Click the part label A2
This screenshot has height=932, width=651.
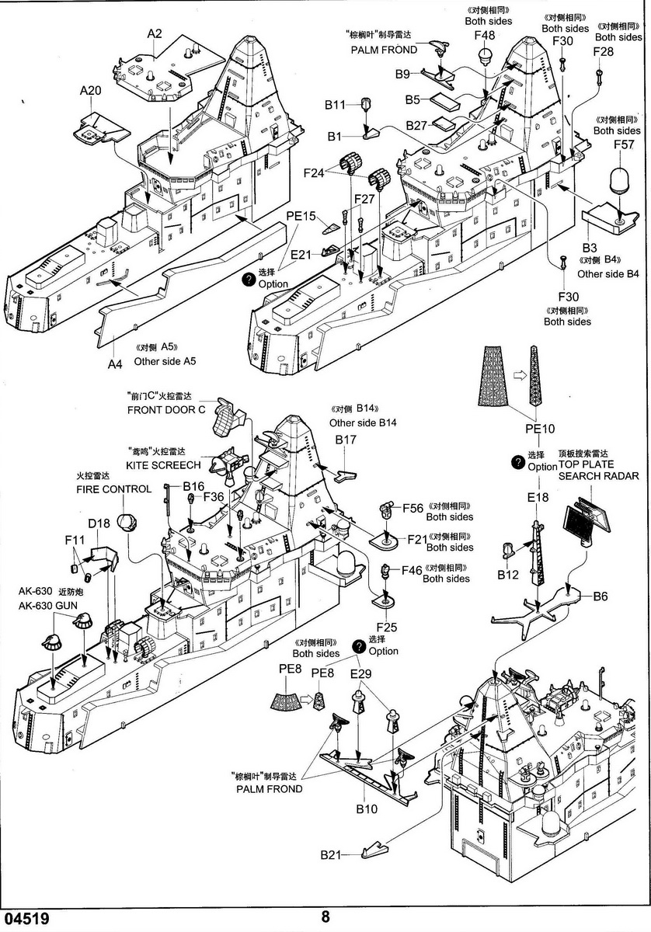click(154, 33)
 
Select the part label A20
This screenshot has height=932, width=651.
click(91, 91)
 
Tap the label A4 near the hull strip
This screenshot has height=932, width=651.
click(115, 363)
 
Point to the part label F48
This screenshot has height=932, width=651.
click(484, 35)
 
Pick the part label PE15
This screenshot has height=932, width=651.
click(301, 216)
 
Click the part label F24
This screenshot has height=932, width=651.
click(315, 174)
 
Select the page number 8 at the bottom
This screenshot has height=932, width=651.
click(325, 916)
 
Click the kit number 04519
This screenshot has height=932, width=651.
click(26, 919)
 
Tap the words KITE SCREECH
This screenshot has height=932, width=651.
click(163, 464)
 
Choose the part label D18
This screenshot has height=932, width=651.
click(99, 523)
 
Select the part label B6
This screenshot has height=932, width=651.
click(601, 596)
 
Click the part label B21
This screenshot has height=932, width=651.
click(330, 855)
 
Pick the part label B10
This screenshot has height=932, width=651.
click(367, 809)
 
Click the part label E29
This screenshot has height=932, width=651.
click(361, 673)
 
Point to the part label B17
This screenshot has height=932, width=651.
click(346, 440)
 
